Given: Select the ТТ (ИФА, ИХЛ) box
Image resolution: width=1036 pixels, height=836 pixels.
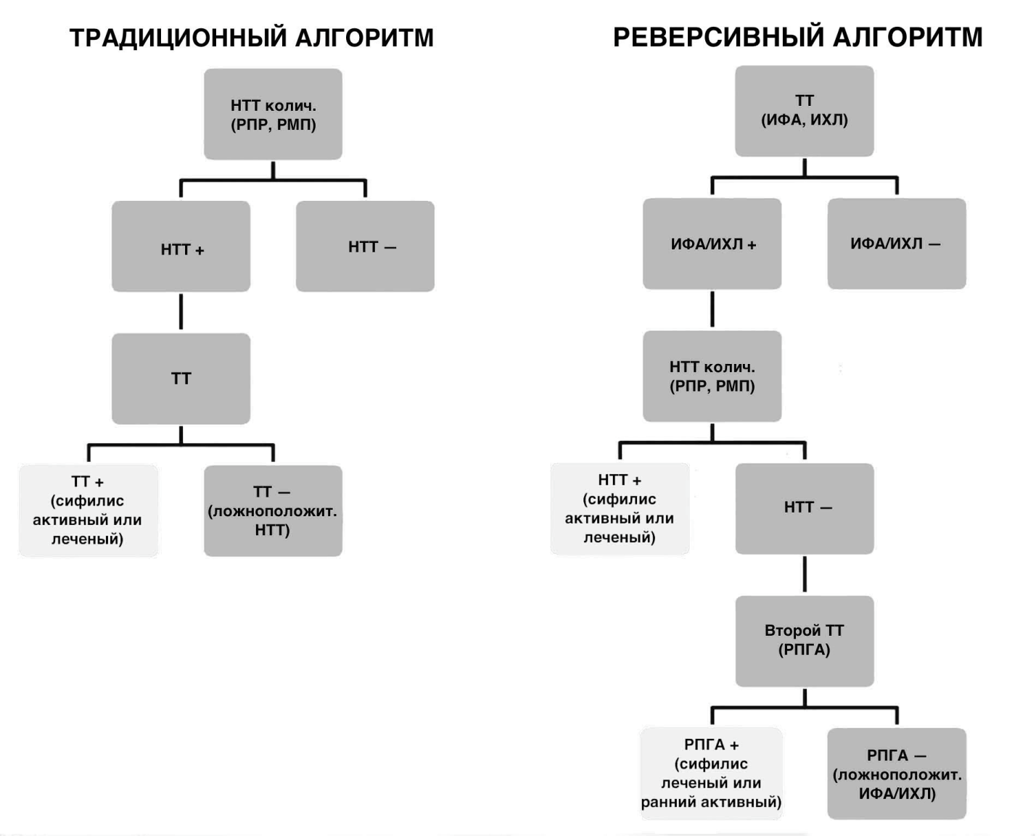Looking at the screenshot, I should [x=804, y=111].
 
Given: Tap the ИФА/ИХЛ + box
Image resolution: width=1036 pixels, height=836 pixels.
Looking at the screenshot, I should [x=712, y=244].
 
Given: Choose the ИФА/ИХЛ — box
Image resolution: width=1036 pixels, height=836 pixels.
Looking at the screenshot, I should [x=896, y=244].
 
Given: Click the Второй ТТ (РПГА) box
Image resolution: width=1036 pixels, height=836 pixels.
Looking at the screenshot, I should [x=804, y=641].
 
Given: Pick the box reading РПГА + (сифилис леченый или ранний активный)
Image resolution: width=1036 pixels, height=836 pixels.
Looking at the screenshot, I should [x=711, y=773].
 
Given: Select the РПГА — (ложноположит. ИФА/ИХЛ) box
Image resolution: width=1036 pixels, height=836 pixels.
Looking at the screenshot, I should [x=896, y=774].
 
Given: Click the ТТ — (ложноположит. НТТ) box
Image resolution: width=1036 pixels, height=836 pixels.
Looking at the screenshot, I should [x=273, y=510].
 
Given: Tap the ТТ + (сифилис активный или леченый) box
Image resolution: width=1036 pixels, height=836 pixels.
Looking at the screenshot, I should [x=88, y=510].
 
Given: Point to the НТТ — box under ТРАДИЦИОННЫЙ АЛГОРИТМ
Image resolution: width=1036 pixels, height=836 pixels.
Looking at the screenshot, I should [x=365, y=247].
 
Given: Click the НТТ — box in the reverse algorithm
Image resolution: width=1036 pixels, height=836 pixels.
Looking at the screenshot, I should [x=804, y=508].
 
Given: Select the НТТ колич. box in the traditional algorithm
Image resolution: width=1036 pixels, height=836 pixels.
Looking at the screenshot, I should [x=273, y=115].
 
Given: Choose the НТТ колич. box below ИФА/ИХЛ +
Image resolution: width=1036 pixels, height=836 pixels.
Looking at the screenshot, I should [x=712, y=376].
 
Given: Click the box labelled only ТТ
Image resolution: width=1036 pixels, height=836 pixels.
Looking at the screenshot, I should [x=181, y=378].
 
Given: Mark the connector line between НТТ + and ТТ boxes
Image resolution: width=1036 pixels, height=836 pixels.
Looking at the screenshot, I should [x=181, y=313].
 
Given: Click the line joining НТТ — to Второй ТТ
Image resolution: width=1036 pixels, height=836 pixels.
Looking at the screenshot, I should [x=805, y=575].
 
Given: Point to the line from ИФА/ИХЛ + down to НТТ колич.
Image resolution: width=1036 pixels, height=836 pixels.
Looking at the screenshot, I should [x=712, y=310].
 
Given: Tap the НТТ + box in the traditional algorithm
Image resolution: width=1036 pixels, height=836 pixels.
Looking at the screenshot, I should [x=181, y=247].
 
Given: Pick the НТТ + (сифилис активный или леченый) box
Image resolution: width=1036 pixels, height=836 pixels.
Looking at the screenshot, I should [x=620, y=508].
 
